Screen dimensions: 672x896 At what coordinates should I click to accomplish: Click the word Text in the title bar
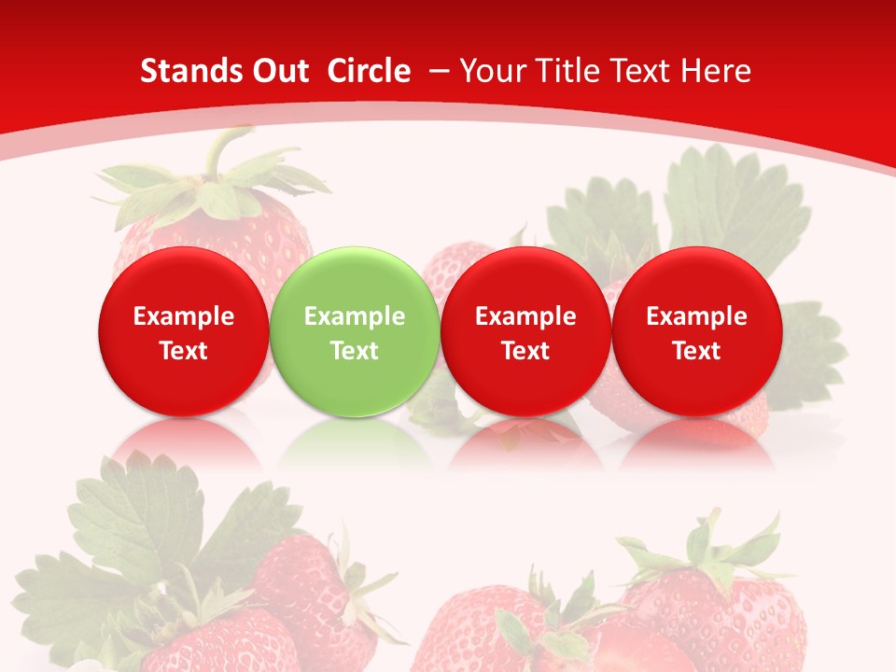click(x=644, y=71)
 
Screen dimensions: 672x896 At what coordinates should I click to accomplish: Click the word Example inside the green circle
click(x=355, y=316)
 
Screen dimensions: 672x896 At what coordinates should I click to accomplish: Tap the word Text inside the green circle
click(x=355, y=351)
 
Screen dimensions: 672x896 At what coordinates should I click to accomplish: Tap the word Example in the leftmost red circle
click(x=184, y=316)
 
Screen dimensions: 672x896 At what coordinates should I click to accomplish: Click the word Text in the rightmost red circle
click(x=696, y=351)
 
